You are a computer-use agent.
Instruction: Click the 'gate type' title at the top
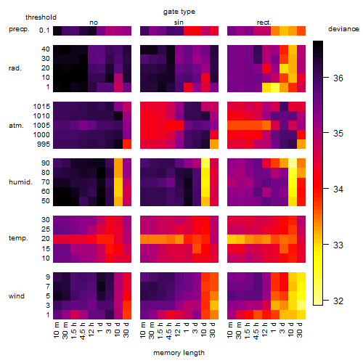pos(179,12)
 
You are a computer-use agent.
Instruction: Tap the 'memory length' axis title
pos(179,353)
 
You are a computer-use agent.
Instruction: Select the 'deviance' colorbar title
pos(343,29)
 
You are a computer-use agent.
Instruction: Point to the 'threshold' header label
pos(41,17)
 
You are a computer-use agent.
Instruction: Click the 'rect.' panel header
pos(264,23)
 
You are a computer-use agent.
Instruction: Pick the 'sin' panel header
pos(179,23)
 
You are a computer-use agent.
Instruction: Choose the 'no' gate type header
pos(94,23)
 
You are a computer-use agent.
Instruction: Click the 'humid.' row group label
pos(20,182)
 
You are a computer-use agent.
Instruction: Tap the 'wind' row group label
pos(17,296)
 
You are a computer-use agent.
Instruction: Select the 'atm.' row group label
pos(16,126)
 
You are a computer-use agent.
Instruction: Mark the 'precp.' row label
pos(19,30)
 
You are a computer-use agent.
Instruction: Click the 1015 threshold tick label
pos(41,107)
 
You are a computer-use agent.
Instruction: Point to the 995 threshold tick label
pos(44,144)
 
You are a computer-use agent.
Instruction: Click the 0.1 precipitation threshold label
pos(44,30)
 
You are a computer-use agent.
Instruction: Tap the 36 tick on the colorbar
pos(338,78)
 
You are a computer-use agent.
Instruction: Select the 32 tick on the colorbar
pos(338,301)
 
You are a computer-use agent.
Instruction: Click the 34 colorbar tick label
pos(338,189)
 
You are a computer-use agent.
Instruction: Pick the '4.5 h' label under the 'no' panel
pos(82,331)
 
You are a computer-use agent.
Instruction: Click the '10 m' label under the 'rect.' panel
pos(230,330)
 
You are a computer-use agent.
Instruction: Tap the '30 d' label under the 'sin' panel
pos(213,330)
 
